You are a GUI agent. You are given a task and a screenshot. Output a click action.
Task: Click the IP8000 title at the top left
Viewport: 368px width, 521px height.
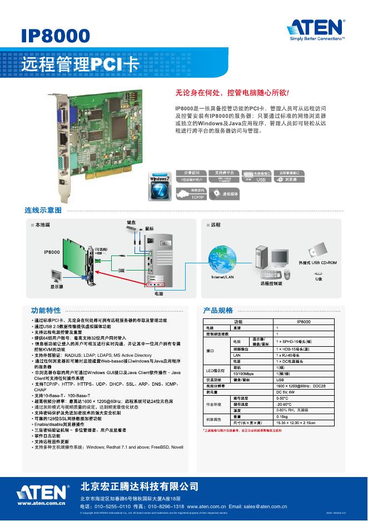tap(56, 36)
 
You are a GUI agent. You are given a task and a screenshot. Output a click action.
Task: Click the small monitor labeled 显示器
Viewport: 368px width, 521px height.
tap(57, 276)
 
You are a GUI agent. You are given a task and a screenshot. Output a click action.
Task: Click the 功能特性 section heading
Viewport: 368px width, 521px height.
tap(46, 310)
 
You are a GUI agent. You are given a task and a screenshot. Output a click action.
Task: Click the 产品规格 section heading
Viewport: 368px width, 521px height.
tap(218, 310)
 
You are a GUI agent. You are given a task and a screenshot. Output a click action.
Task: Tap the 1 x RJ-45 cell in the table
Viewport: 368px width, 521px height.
tap(289, 355)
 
